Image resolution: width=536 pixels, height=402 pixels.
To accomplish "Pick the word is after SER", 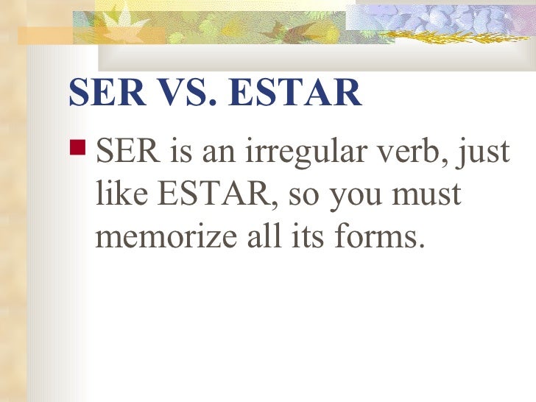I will point(181,155).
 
